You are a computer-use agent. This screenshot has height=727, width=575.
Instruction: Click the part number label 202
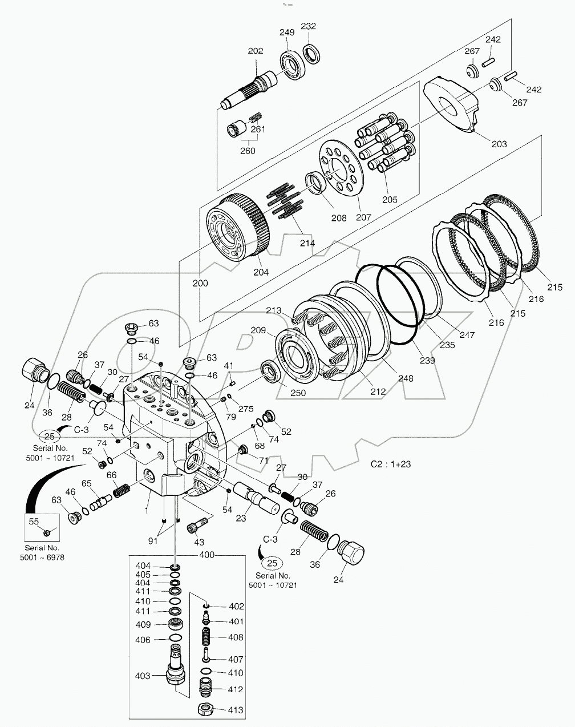(255, 51)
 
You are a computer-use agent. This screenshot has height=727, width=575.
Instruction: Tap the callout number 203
(499, 144)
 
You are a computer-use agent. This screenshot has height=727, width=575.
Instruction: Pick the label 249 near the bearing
(286, 33)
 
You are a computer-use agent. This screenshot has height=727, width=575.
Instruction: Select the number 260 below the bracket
(247, 151)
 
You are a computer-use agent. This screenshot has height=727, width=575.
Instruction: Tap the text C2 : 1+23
(391, 464)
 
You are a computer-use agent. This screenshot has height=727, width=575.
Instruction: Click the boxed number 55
(34, 521)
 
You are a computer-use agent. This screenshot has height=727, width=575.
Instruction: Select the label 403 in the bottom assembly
(143, 676)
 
